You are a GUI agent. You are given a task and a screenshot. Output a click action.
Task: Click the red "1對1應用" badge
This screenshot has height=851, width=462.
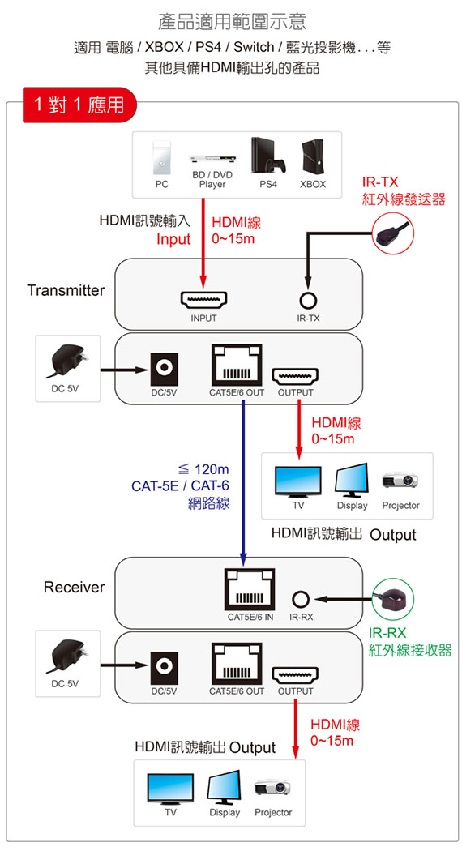click(79, 105)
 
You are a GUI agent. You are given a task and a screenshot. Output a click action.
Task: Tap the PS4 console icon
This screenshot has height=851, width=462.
click(268, 156)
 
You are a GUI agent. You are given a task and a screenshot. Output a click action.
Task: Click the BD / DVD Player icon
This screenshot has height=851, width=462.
click(213, 159)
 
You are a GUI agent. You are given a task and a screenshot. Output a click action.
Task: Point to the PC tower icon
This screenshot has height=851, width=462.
click(161, 158)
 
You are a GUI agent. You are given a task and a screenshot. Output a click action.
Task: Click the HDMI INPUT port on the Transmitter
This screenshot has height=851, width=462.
click(203, 299)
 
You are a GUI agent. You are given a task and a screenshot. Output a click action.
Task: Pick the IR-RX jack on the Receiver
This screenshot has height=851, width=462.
click(301, 599)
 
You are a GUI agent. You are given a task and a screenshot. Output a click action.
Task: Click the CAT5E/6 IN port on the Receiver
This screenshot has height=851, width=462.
click(249, 589)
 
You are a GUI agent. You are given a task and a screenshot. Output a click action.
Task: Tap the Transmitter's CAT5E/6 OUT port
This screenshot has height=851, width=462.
click(236, 364)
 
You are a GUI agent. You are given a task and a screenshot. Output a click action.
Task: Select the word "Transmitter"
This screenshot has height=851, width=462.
click(66, 290)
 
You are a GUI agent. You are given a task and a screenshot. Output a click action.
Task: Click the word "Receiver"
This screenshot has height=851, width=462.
click(74, 588)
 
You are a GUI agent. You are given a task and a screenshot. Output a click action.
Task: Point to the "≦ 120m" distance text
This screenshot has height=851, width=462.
click(203, 469)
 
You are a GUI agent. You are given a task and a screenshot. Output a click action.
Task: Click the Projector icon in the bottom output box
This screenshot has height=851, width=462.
click(272, 787)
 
